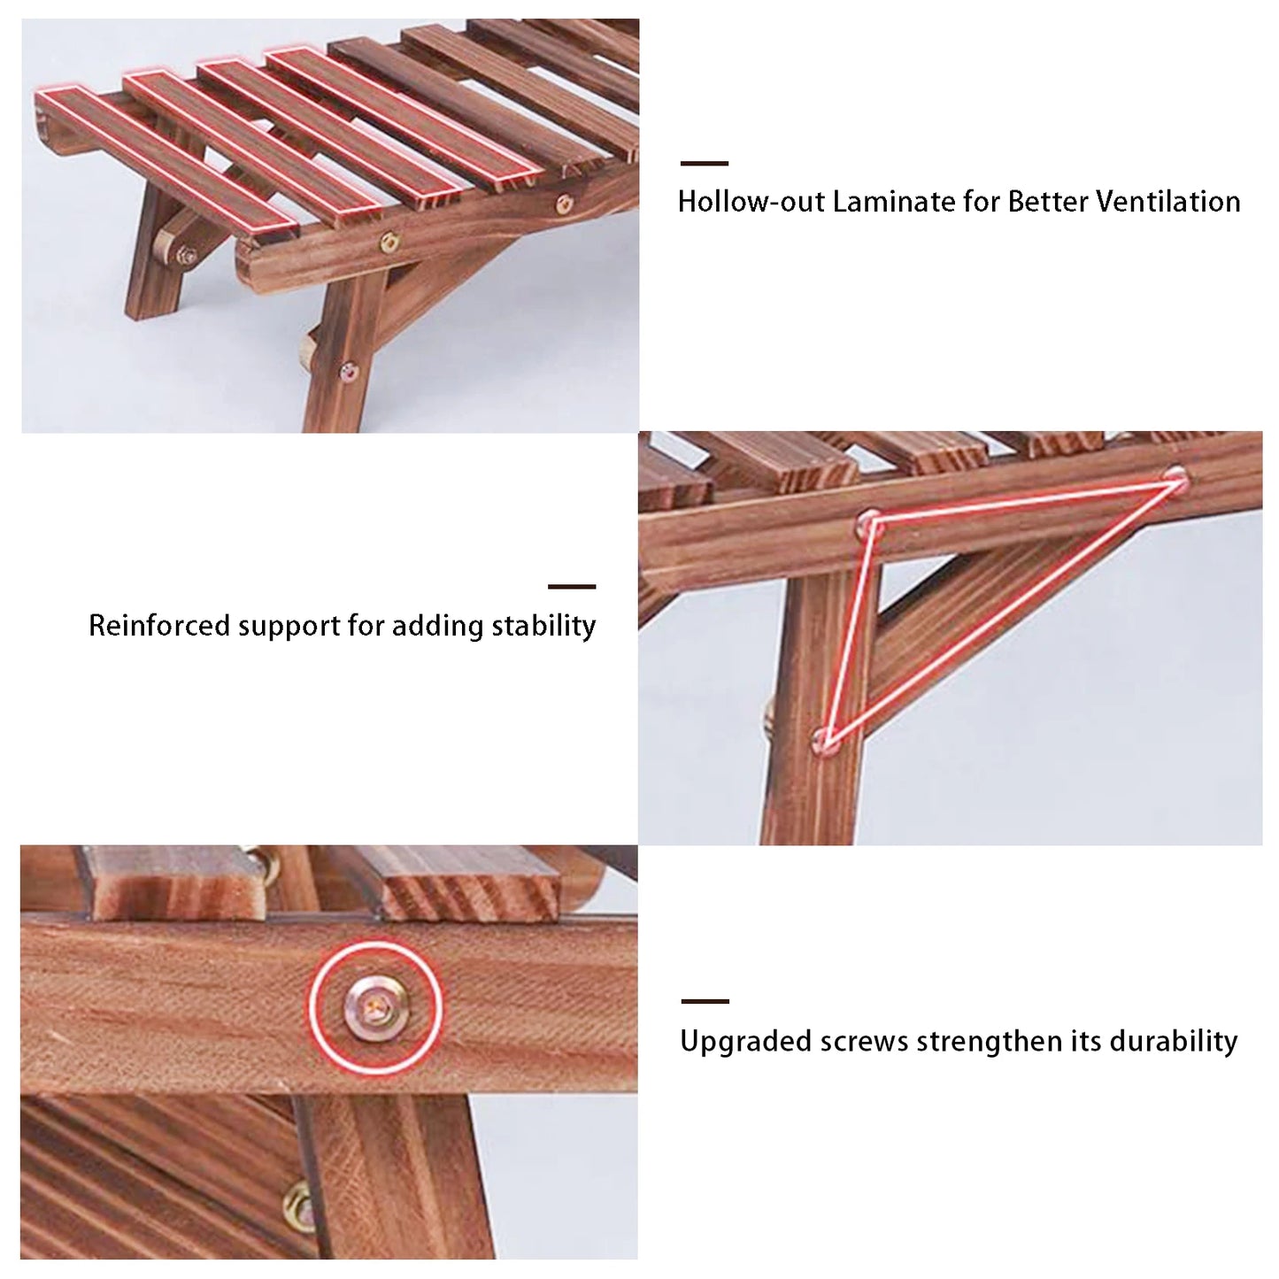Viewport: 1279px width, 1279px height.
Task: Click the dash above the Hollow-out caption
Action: click(x=705, y=164)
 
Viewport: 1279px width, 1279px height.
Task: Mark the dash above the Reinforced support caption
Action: click(x=572, y=586)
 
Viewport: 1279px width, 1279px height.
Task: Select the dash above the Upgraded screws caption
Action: click(x=705, y=1001)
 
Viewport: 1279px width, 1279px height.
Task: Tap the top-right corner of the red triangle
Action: click(x=1175, y=478)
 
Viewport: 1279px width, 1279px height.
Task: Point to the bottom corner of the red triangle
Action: click(x=825, y=737)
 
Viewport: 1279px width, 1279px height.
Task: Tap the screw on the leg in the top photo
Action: click(x=349, y=373)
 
